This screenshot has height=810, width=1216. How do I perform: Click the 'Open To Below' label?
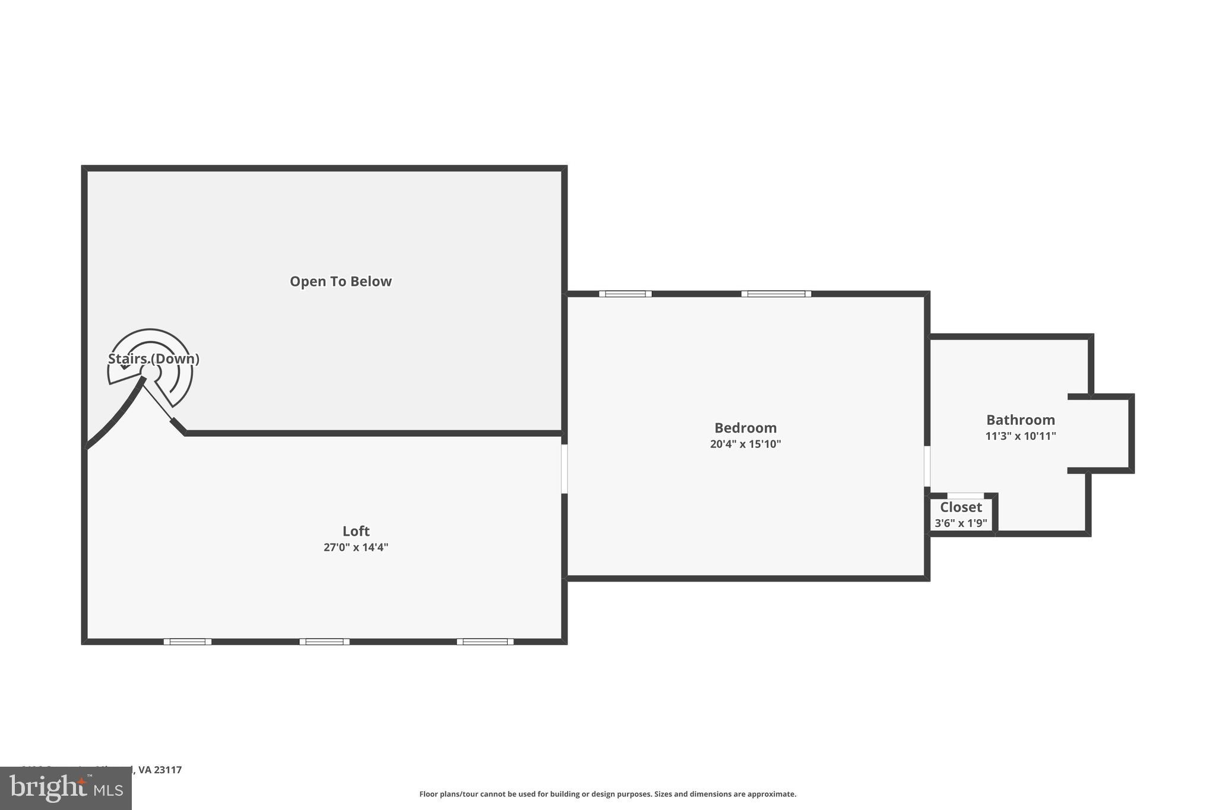(x=340, y=281)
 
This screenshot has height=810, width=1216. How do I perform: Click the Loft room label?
(x=356, y=531)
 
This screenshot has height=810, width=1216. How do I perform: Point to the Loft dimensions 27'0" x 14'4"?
(x=356, y=547)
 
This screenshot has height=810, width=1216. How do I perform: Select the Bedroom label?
(x=745, y=428)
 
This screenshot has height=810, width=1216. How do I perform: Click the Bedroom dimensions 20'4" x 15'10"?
(x=745, y=444)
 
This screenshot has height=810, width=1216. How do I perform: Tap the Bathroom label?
(x=1020, y=420)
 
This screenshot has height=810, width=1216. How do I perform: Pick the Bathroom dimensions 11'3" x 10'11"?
(x=1020, y=436)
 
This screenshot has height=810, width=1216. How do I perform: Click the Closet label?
(x=961, y=507)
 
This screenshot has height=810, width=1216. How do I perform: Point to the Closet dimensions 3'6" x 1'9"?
(x=961, y=523)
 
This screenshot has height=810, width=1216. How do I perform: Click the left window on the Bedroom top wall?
(x=625, y=294)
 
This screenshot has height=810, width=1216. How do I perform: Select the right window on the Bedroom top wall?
(x=776, y=294)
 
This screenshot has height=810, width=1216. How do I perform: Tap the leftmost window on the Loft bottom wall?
(x=188, y=641)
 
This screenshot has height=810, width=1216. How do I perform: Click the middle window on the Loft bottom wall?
(x=324, y=641)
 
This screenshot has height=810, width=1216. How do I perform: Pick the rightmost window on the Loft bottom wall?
(x=485, y=641)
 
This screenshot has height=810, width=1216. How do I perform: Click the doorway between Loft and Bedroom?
(x=564, y=469)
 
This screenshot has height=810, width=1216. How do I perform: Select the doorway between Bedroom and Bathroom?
(x=927, y=466)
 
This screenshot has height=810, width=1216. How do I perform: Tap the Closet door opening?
(x=965, y=495)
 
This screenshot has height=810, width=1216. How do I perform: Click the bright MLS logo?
(x=66, y=788)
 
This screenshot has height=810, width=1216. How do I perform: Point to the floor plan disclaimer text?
(x=607, y=794)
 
